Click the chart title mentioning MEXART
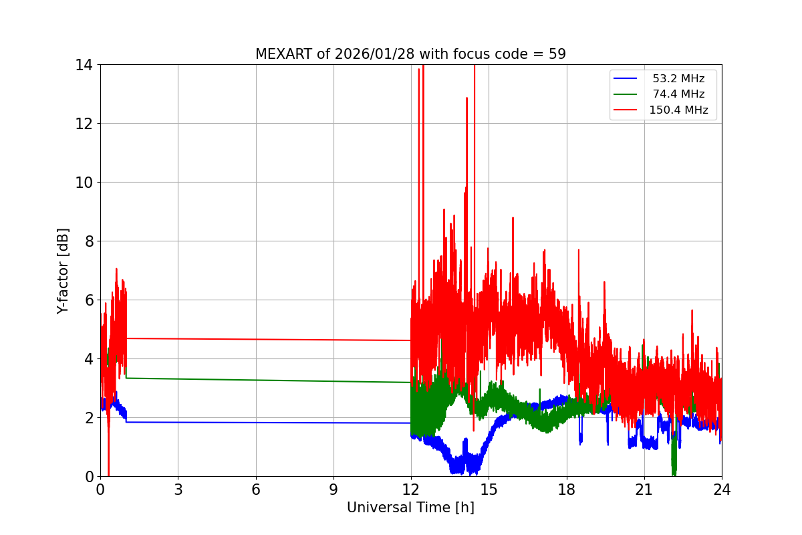pyautogui.click(x=410, y=54)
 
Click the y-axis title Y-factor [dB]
pyautogui.click(x=63, y=271)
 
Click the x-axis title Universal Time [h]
pyautogui.click(x=410, y=508)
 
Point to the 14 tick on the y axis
pyautogui.click(x=84, y=65)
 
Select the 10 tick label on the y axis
pyautogui.click(x=84, y=183)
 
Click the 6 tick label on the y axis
pyautogui.click(x=88, y=300)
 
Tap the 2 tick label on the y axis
pyautogui.click(x=88, y=418)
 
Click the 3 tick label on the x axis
pyautogui.click(x=178, y=490)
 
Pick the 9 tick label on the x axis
pyautogui.click(x=333, y=490)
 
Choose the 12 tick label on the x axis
pyautogui.click(x=411, y=490)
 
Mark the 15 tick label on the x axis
pyautogui.click(x=489, y=490)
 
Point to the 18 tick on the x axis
pyautogui.click(x=567, y=490)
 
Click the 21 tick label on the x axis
pyautogui.click(x=644, y=490)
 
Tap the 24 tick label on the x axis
pyautogui.click(x=722, y=490)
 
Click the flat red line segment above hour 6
pyautogui.click(x=256, y=339)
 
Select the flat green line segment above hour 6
pyautogui.click(x=256, y=380)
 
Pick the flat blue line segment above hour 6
pyautogui.click(x=256, y=422)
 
